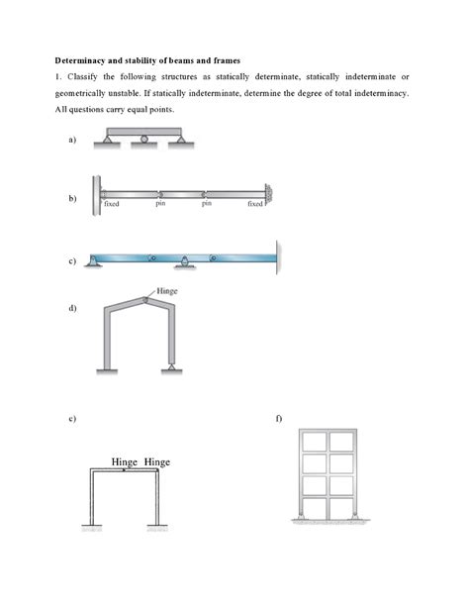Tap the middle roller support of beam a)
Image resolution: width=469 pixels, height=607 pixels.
click(x=144, y=140)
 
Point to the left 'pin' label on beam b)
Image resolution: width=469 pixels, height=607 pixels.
click(x=160, y=203)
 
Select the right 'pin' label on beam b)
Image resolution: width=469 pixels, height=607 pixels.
click(x=206, y=203)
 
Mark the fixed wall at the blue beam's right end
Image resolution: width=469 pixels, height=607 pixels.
click(x=278, y=255)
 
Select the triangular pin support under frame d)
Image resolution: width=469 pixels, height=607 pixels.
click(x=173, y=367)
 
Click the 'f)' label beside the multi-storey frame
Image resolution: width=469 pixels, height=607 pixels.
click(x=280, y=418)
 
